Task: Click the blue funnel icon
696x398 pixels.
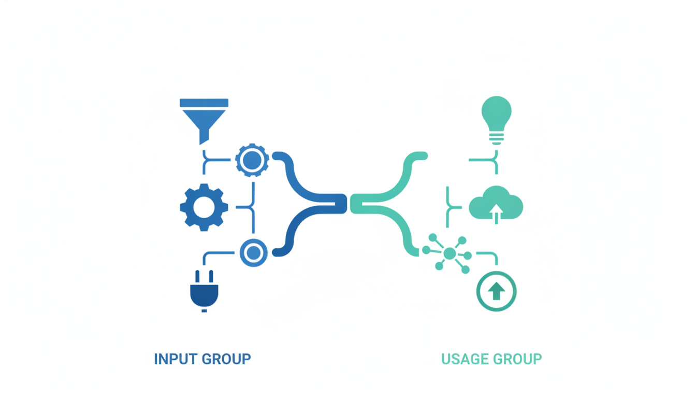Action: coord(204,121)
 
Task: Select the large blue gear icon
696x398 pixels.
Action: coord(204,207)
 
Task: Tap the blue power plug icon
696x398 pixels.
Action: coord(204,291)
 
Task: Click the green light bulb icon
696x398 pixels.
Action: coord(496,120)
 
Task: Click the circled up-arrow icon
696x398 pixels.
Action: coord(496,291)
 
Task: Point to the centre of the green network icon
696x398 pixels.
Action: coord(450,253)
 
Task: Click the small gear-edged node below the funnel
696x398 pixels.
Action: coord(252,160)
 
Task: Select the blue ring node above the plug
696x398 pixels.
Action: coord(254,252)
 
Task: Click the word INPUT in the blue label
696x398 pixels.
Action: coord(176,359)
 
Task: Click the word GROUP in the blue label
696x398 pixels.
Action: coord(226,359)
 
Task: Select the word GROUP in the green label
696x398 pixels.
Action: coord(517,359)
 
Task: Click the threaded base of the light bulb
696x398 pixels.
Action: coord(496,139)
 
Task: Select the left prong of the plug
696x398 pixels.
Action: coord(197,276)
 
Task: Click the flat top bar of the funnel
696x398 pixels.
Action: coord(204,103)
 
